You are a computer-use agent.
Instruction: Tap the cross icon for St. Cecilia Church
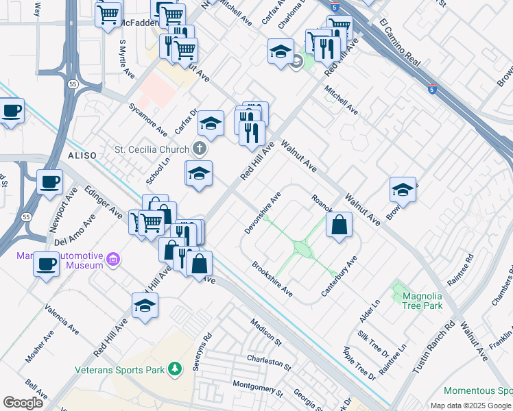point(199,148)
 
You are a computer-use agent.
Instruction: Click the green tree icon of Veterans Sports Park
point(176,370)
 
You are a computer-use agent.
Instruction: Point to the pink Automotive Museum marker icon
point(114,261)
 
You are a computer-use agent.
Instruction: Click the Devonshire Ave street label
point(263,213)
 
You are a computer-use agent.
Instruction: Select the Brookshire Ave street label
point(272,279)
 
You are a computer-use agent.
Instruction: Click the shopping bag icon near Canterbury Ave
point(339,225)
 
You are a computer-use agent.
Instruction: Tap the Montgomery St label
point(258,388)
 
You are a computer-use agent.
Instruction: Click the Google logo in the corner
point(23,403)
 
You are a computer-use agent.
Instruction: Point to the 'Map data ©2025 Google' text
point(470,406)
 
